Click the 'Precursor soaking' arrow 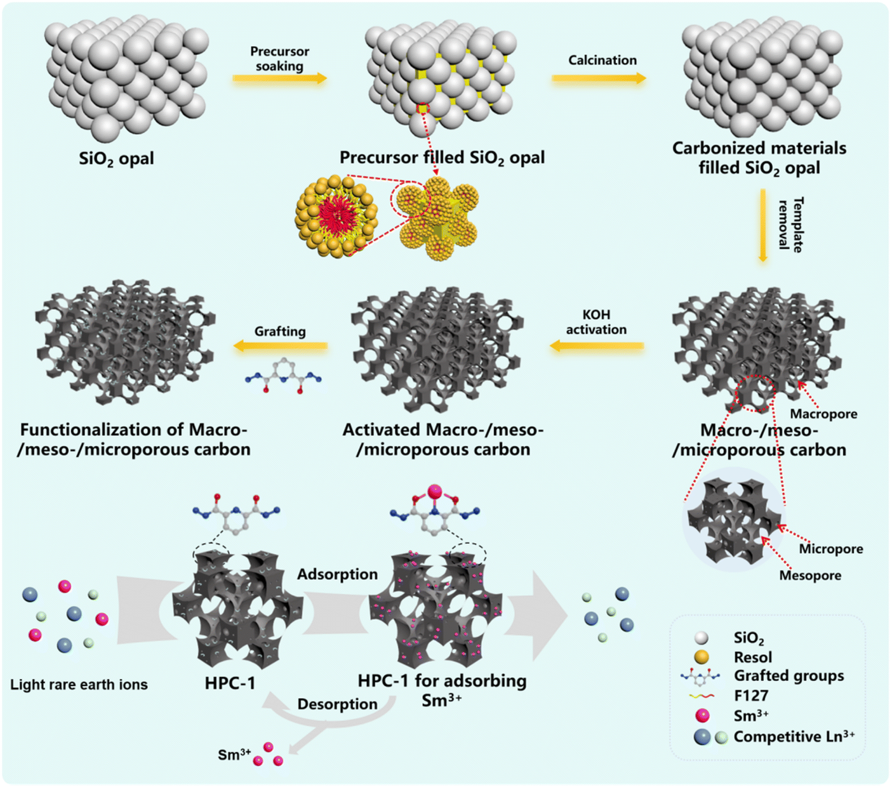pos(280,78)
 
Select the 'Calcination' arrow pos(599,78)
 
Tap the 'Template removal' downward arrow pos(763,226)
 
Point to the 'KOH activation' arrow pos(597,345)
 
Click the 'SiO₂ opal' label pos(116,159)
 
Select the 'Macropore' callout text pos(823,414)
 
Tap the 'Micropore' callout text pos(830,549)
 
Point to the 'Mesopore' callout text pos(810,575)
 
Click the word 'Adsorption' pos(337,574)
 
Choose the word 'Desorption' pos(337,704)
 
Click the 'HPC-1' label pos(230,683)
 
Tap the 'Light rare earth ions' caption pos(79,684)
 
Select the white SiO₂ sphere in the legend pos(702,638)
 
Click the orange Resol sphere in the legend pos(702,657)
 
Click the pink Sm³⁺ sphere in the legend pos(702,716)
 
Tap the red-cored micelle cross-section pos(337,215)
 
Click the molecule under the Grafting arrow pos(283,376)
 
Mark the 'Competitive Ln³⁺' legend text pos(794,737)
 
